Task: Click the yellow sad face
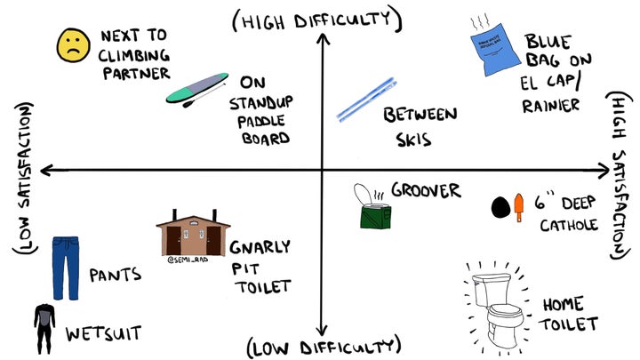pos(70,45)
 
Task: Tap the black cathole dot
pos(500,207)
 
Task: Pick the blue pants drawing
pos(65,267)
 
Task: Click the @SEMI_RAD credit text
pos(186,261)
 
